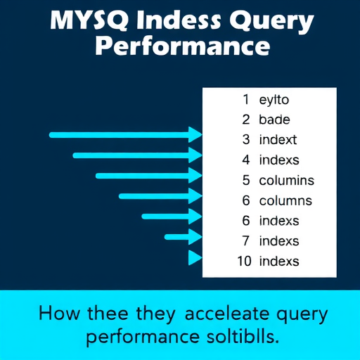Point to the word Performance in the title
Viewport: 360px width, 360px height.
click(x=181, y=48)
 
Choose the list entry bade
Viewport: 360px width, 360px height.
click(x=275, y=120)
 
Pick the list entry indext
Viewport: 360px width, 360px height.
click(x=278, y=140)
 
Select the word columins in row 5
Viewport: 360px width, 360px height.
click(x=286, y=180)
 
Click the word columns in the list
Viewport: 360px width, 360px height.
click(x=285, y=200)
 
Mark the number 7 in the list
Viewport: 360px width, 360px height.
click(x=246, y=241)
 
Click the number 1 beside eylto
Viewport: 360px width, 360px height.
click(x=246, y=100)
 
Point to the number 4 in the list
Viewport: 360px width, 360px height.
click(x=246, y=160)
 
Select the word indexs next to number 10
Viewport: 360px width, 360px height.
click(x=279, y=262)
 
